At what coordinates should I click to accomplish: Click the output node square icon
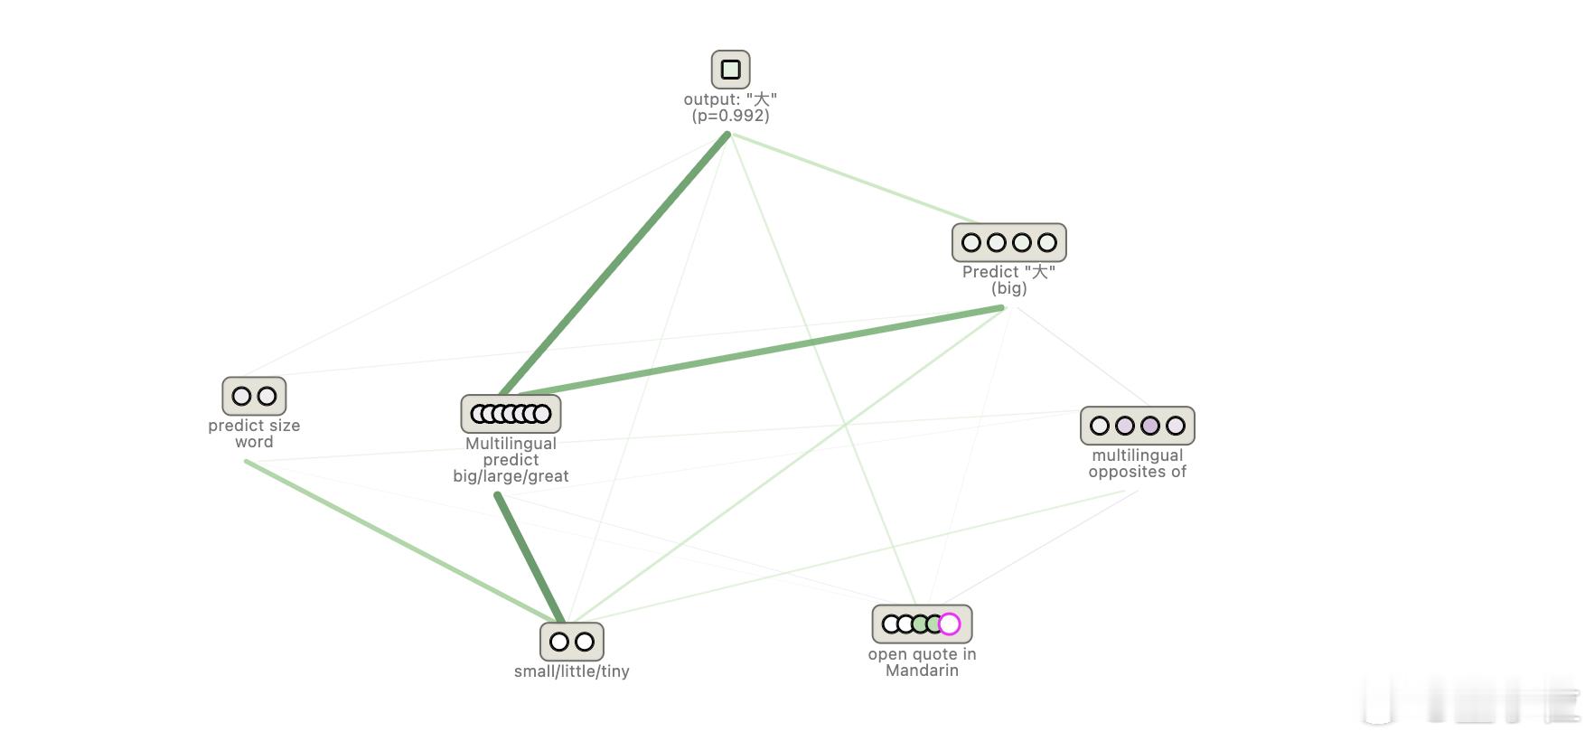click(x=731, y=70)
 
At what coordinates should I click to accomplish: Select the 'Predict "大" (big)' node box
click(x=1009, y=242)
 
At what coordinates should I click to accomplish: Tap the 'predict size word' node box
click(x=254, y=396)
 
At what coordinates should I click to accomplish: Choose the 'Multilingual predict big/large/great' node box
click(x=511, y=414)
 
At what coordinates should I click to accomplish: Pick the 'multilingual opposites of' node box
click(x=1138, y=426)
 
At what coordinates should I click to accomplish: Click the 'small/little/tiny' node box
click(x=572, y=642)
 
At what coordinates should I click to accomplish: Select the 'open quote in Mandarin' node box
click(x=923, y=624)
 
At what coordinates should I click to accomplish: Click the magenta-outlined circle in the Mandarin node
click(x=950, y=624)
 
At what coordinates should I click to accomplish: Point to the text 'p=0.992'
click(x=731, y=116)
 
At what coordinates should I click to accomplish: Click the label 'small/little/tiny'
click(x=572, y=671)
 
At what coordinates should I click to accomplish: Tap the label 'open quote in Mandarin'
click(x=923, y=662)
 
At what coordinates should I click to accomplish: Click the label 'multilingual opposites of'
click(x=1138, y=464)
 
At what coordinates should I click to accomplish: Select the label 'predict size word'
click(x=254, y=434)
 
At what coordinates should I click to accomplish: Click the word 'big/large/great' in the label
click(x=511, y=476)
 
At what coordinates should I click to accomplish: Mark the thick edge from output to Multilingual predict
click(x=614, y=265)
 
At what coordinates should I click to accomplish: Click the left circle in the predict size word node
click(x=241, y=396)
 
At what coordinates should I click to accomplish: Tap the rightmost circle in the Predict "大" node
click(x=1047, y=242)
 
